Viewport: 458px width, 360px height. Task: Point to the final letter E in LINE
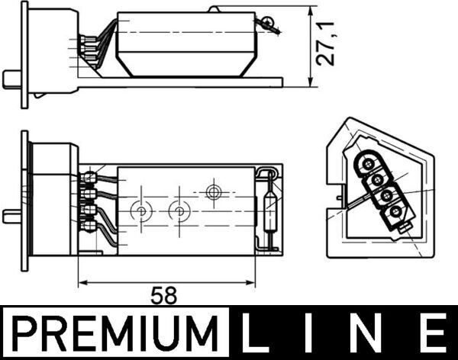coord(432,336)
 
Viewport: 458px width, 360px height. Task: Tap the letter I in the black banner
coord(314,336)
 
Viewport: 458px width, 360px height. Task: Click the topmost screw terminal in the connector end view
coord(369,162)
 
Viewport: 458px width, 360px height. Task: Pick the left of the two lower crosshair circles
coord(140,211)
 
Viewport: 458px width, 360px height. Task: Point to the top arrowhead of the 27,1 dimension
coord(310,11)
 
